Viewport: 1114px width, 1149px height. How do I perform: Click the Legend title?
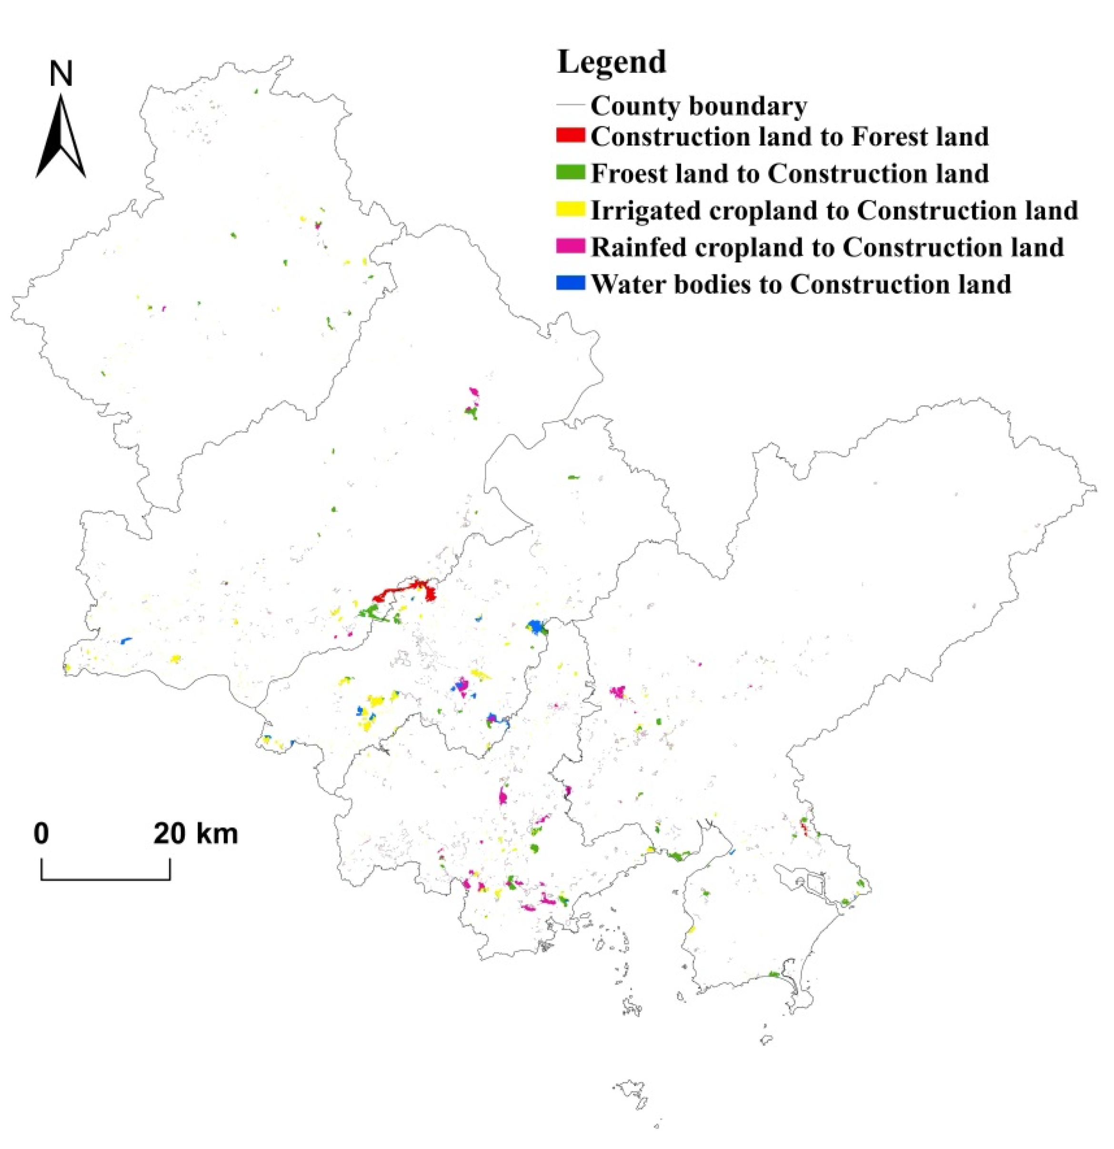(x=612, y=62)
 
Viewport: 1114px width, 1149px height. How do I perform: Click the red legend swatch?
(x=571, y=136)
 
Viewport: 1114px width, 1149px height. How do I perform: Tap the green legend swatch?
(x=571, y=173)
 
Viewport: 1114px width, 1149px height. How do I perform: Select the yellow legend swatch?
(x=571, y=210)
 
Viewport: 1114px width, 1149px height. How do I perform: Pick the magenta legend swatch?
(x=571, y=247)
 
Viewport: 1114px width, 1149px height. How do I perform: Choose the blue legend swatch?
(x=571, y=284)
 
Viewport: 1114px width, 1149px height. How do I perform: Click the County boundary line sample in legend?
(x=571, y=106)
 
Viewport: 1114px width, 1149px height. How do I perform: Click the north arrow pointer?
(x=61, y=138)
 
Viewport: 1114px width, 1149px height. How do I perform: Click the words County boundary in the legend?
(x=698, y=106)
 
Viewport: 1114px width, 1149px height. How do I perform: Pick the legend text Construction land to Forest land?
(x=789, y=137)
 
